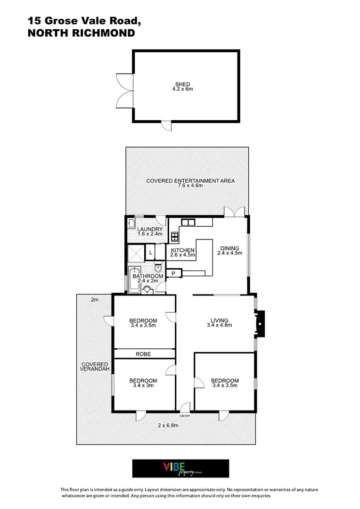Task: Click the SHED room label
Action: pos(182,84)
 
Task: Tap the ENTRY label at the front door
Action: pos(185,416)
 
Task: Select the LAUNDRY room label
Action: pos(150,230)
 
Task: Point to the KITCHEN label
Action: pos(182,250)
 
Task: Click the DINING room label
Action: pos(229,248)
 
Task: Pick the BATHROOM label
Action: pos(147,276)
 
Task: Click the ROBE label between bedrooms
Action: pos(143,354)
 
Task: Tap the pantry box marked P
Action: pos(173,273)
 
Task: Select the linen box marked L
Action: pos(150,253)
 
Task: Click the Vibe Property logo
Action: pos(180,468)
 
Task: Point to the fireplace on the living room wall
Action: pos(260,323)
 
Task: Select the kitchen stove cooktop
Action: pos(174,236)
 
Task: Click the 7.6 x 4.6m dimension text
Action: pos(190,186)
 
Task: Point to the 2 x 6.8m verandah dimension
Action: pos(168,425)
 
